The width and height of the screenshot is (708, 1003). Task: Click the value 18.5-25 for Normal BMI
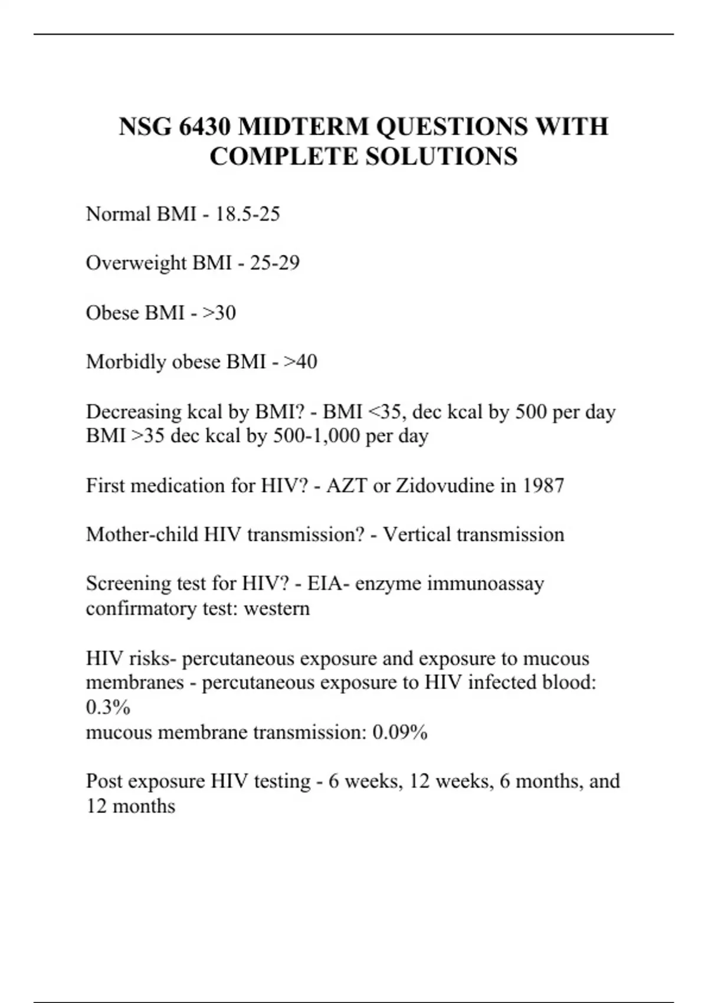(x=247, y=214)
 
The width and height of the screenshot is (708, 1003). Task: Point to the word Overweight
(x=136, y=263)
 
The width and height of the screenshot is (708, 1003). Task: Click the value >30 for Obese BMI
(x=219, y=313)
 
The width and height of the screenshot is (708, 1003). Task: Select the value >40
(x=300, y=362)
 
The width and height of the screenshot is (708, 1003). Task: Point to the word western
(x=277, y=608)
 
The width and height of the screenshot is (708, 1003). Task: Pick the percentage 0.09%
(x=400, y=733)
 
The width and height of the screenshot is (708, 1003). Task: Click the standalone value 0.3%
(x=108, y=707)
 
